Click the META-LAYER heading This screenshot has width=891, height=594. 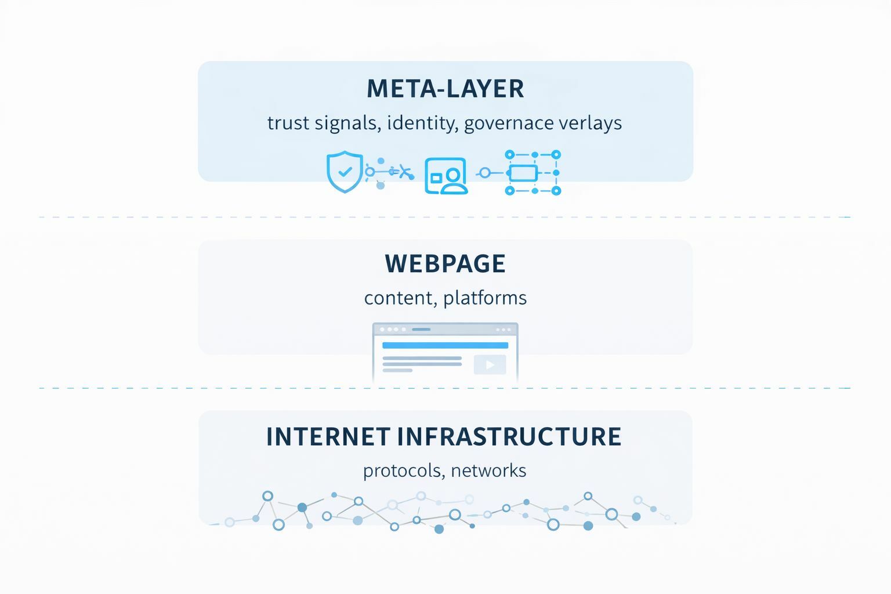(445, 89)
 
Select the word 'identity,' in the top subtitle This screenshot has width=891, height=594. (421, 123)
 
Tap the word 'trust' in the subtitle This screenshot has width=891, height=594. (288, 123)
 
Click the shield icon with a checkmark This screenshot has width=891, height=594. (345, 172)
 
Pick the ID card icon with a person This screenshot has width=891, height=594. (446, 175)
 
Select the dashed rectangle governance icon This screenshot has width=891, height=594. (533, 172)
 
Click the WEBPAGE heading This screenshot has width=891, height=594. (445, 264)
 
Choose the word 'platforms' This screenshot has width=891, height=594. (485, 298)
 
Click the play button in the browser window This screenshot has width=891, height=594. (490, 365)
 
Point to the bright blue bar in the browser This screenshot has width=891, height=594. (445, 345)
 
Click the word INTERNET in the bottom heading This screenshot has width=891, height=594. (328, 437)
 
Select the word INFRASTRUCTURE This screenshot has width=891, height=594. (509, 437)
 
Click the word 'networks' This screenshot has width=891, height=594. (488, 470)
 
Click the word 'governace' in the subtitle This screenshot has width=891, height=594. (509, 123)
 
